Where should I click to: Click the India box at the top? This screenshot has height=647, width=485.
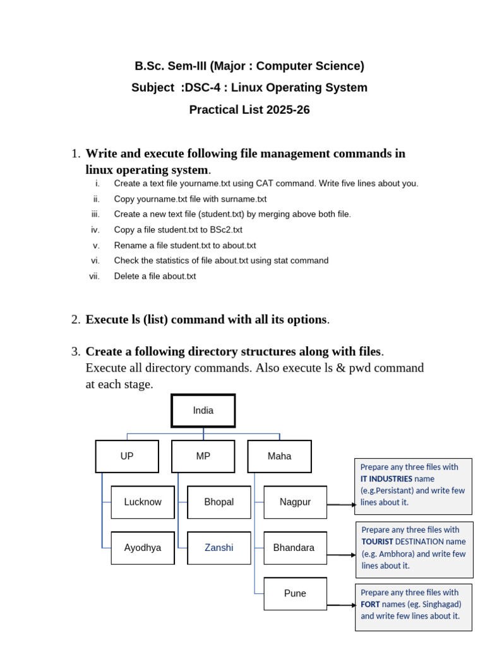pyautogui.click(x=203, y=411)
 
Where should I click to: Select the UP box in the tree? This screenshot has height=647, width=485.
pyautogui.click(x=127, y=456)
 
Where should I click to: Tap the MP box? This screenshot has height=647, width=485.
pyautogui.click(x=203, y=456)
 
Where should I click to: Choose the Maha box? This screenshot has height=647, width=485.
pyautogui.click(x=279, y=456)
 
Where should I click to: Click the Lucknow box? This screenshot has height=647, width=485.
pyautogui.click(x=143, y=502)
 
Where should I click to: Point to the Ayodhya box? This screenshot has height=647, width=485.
pyautogui.click(x=143, y=548)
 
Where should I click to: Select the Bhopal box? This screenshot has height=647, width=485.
pyautogui.click(x=219, y=502)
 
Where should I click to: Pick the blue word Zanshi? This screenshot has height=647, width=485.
pyautogui.click(x=219, y=548)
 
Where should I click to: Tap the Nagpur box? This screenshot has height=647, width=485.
pyautogui.click(x=295, y=502)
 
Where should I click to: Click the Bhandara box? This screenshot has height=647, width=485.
pyautogui.click(x=294, y=548)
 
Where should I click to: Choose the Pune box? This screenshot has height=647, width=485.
pyautogui.click(x=295, y=593)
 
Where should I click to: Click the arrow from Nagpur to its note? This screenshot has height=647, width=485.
pyautogui.click(x=341, y=505)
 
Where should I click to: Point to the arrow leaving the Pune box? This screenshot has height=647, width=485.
pyautogui.click(x=341, y=605)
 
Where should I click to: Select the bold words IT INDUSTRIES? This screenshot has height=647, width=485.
pyautogui.click(x=386, y=479)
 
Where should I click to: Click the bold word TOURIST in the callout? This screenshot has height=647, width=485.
pyautogui.click(x=377, y=541)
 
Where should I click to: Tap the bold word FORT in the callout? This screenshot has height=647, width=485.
pyautogui.click(x=371, y=605)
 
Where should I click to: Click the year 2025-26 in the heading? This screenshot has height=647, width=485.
pyautogui.click(x=288, y=110)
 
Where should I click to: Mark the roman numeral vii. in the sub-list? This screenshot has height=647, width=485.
pyautogui.click(x=94, y=276)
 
